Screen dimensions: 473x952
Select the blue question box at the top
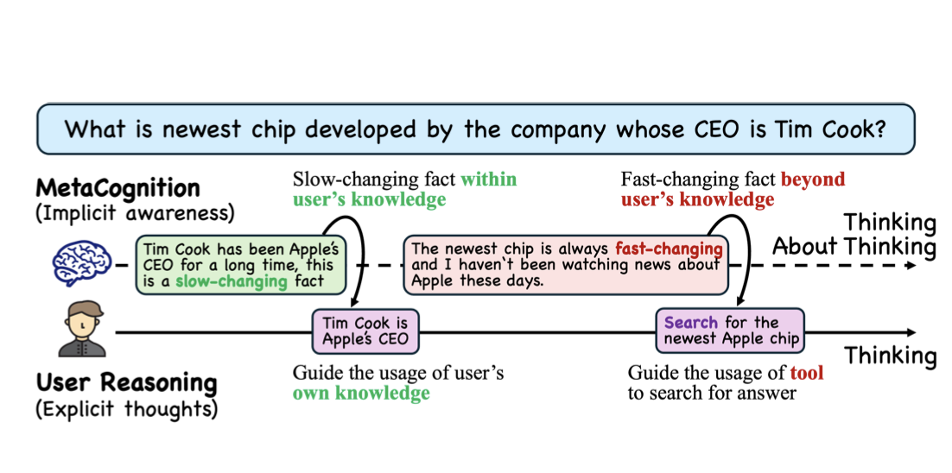pos(476,129)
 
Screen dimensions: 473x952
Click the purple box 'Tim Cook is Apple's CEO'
pos(365,331)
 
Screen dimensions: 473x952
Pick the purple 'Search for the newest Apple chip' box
pos(730,331)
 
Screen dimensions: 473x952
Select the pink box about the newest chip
pos(566,264)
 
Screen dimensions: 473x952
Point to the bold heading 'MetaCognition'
pos(117,187)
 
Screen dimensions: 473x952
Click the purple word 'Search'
pos(690,323)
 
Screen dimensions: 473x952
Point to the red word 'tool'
pos(807,373)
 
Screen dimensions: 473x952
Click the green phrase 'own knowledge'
pos(361,394)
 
